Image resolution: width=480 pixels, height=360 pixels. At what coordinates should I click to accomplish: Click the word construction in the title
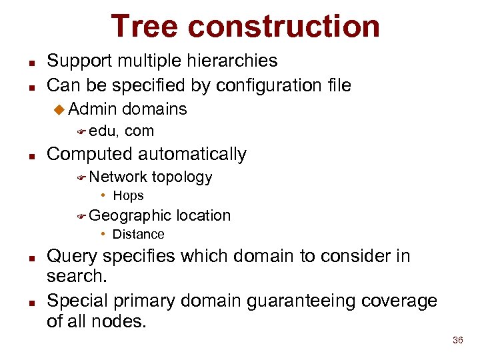[284, 27]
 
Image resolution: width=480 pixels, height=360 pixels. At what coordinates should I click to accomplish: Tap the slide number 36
[457, 341]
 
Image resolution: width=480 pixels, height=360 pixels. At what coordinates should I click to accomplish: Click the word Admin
[93, 109]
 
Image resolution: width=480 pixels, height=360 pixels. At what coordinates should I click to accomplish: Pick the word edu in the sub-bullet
[104, 131]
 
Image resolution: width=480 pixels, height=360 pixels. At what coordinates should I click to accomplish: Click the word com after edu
[139, 131]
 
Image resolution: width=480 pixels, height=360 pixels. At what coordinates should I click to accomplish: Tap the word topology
[182, 177]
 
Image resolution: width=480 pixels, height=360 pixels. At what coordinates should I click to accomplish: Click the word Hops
[128, 196]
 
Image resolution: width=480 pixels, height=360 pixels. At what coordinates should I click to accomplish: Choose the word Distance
[138, 235]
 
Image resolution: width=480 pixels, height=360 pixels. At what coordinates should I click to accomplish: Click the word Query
[72, 257]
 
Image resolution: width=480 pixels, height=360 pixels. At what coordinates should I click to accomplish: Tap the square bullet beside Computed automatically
[31, 155]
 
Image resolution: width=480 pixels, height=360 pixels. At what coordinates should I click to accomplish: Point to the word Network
[118, 177]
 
